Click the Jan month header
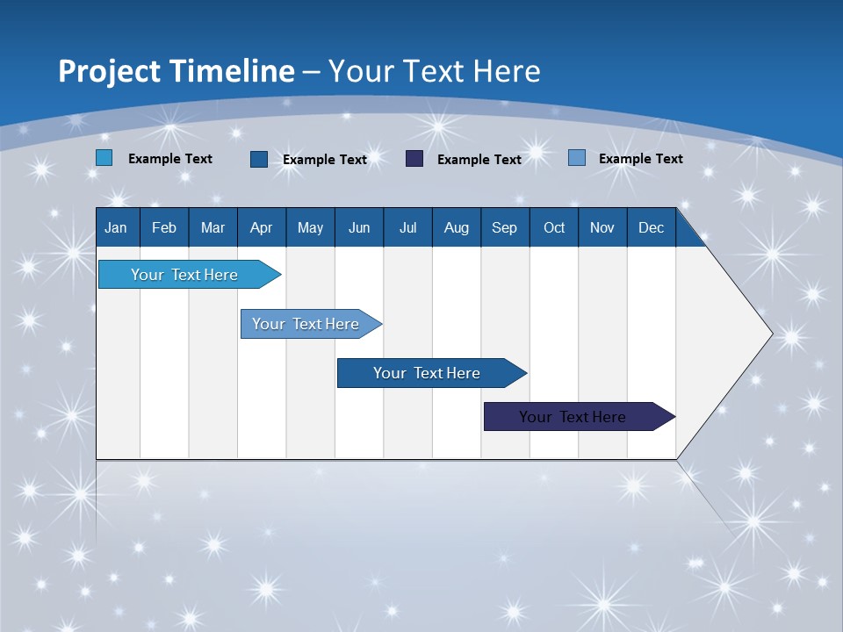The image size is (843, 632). coord(116,227)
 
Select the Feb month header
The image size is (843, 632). coord(164,227)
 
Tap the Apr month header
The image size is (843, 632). coord(261,227)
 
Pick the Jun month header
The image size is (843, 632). coord(359,227)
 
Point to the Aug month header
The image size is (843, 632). coord(456,227)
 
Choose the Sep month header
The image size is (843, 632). coord(504,227)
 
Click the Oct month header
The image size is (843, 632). coord(554,227)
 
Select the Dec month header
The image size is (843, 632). coord(651,227)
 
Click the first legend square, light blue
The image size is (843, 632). coord(104,158)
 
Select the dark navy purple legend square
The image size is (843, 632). coord(414,159)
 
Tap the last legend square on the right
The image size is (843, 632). coord(577,158)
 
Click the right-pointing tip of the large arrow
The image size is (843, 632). coord(769,334)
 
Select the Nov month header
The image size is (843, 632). coord(602,227)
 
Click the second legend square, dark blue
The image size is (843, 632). coord(259,159)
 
